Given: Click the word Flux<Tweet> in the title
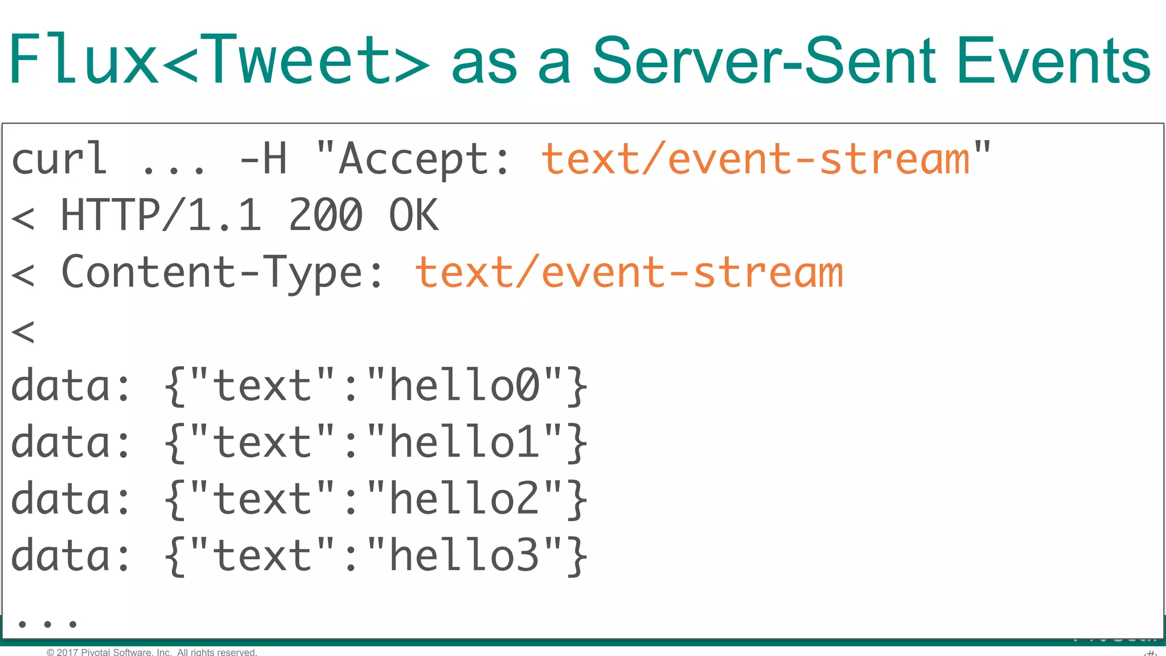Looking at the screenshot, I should point(219,60).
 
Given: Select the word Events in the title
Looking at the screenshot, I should point(1054,60).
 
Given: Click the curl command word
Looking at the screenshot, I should point(59,159).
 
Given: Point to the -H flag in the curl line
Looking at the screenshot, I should point(264,159).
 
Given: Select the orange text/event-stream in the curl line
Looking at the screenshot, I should point(755,159).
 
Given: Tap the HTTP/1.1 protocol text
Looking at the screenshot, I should point(161,215).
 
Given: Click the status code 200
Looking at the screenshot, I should point(326,215).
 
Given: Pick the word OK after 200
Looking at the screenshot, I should point(414,215).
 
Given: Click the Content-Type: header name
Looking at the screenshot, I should point(222,272).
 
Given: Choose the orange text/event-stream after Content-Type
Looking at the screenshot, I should point(629,272).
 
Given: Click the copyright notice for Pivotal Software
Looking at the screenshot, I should point(152,652).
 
